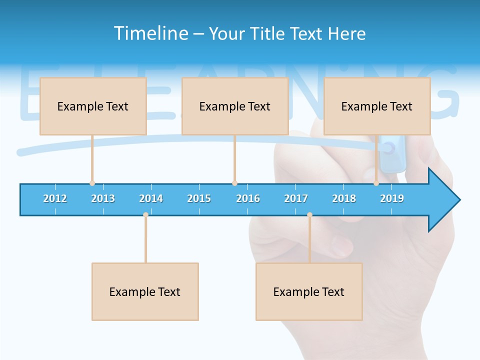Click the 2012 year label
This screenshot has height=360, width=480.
click(55, 198)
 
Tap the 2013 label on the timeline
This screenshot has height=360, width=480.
click(103, 198)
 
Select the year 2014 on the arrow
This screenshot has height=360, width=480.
click(151, 198)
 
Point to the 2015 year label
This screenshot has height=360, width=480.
click(199, 198)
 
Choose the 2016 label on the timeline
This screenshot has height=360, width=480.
click(248, 198)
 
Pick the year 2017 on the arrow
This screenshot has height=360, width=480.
click(296, 198)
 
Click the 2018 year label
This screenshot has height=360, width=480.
click(344, 198)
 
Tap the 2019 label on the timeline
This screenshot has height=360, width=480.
click(392, 198)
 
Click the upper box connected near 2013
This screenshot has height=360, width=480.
click(93, 106)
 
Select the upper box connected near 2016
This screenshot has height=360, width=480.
click(235, 106)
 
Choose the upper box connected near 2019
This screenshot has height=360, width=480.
click(377, 106)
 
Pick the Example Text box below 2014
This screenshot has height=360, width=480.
click(145, 291)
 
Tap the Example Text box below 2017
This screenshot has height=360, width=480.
click(309, 291)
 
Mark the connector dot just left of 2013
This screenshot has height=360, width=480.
click(92, 183)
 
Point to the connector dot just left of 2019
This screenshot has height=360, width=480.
click(376, 183)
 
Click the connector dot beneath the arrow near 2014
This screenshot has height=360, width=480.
click(145, 215)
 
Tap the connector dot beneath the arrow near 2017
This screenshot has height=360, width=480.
click(309, 215)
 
